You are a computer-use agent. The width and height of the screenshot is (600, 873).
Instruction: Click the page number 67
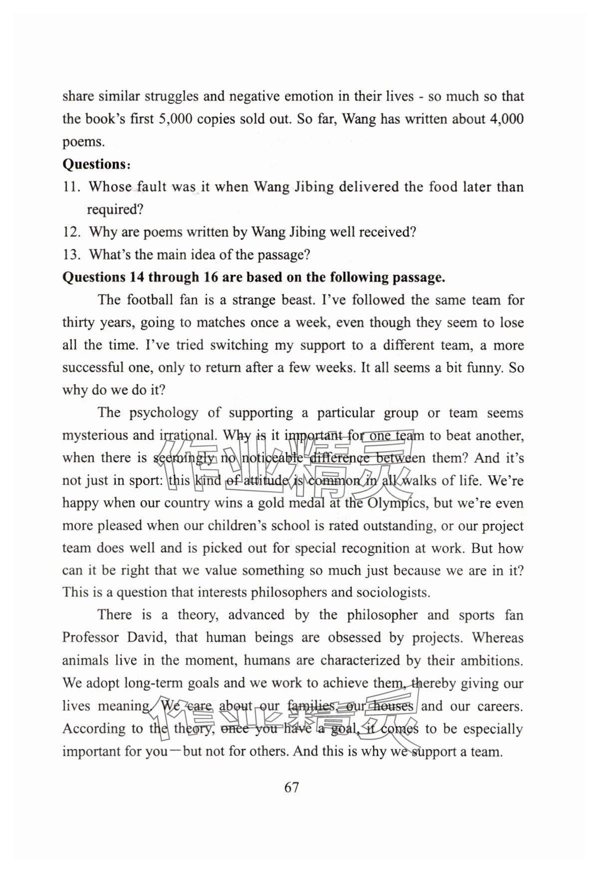[292, 788]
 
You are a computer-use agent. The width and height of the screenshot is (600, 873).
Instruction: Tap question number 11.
[71, 187]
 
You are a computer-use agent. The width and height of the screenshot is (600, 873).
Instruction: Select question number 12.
[71, 232]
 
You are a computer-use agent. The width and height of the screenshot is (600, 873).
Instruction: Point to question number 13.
[71, 255]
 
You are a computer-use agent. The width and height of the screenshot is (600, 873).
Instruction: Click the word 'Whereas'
[498, 638]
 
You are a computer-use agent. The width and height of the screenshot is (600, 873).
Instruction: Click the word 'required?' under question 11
[115, 210]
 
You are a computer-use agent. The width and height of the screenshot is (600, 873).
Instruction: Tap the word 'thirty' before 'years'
[78, 323]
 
